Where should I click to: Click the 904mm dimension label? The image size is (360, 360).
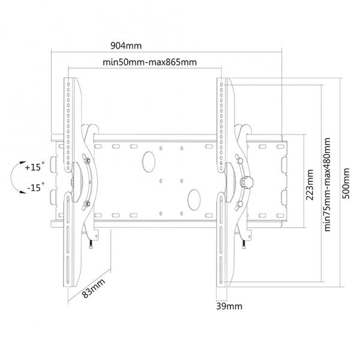click(126, 46)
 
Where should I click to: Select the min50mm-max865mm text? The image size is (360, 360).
click(149, 62)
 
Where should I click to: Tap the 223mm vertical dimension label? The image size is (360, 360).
click(310, 185)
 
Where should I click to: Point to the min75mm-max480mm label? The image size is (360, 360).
click(327, 184)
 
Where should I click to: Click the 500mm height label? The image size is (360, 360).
click(346, 184)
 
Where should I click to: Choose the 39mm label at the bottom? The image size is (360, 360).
click(229, 306)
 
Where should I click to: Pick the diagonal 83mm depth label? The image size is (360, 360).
click(94, 288)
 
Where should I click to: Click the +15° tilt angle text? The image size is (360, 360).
click(35, 166)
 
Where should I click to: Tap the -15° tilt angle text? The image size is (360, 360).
click(35, 187)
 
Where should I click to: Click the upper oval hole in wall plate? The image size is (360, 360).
click(149, 162)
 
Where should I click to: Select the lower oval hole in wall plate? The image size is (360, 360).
click(194, 200)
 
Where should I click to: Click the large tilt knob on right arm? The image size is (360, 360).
click(247, 182)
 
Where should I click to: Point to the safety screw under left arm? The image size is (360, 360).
click(91, 244)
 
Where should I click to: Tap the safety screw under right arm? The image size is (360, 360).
click(244, 244)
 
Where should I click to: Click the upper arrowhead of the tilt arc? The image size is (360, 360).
click(23, 163)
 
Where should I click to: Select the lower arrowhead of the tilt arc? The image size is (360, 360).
click(23, 192)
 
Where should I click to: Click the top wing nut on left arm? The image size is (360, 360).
click(87, 160)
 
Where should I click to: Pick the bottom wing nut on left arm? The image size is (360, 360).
click(86, 203)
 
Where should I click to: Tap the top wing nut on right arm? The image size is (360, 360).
click(239, 160)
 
